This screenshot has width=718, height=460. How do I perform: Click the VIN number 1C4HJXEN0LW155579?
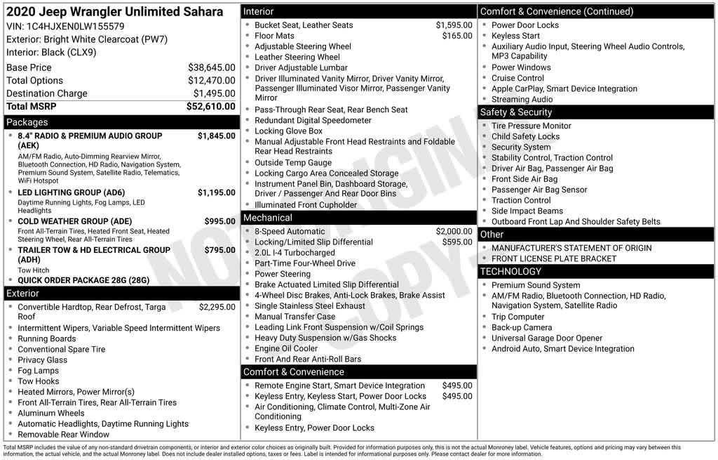pos(75,26)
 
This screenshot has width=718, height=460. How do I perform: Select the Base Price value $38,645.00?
pos(211,67)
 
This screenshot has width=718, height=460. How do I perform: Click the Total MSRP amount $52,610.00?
pos(210,107)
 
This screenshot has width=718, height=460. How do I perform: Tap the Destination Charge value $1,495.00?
pos(214,93)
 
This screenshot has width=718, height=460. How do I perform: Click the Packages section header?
pos(27,122)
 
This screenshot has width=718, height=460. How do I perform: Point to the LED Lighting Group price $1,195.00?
pos(216,192)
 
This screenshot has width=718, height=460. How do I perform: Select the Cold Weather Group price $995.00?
pos(219,221)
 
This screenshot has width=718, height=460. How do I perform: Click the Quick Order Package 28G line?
pos(83,280)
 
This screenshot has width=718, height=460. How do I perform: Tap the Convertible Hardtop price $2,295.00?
pos(217,307)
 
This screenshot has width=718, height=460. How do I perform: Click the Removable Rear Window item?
pos(63,435)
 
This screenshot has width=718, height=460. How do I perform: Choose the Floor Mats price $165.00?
pos(457,36)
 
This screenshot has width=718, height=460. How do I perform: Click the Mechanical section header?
pos(268,218)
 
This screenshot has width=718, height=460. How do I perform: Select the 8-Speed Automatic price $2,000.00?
pos(454,231)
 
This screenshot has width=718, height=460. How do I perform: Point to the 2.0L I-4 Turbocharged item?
pos(294,253)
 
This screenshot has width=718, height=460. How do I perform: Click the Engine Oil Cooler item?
pos(286,348)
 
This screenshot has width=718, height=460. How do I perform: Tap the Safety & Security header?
pos(516,112)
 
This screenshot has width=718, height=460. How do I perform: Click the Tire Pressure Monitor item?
pos(531,126)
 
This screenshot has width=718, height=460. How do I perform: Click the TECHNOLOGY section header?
pos(510,272)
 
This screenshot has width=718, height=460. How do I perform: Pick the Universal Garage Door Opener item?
pos(547,338)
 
